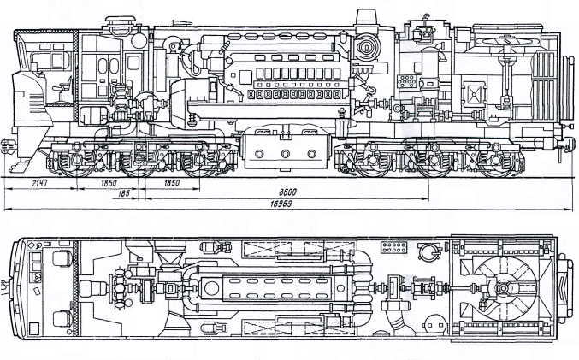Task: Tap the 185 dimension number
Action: pos(126,195)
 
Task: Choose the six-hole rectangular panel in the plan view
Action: pos(394,248)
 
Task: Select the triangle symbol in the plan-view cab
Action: pos(37,278)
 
